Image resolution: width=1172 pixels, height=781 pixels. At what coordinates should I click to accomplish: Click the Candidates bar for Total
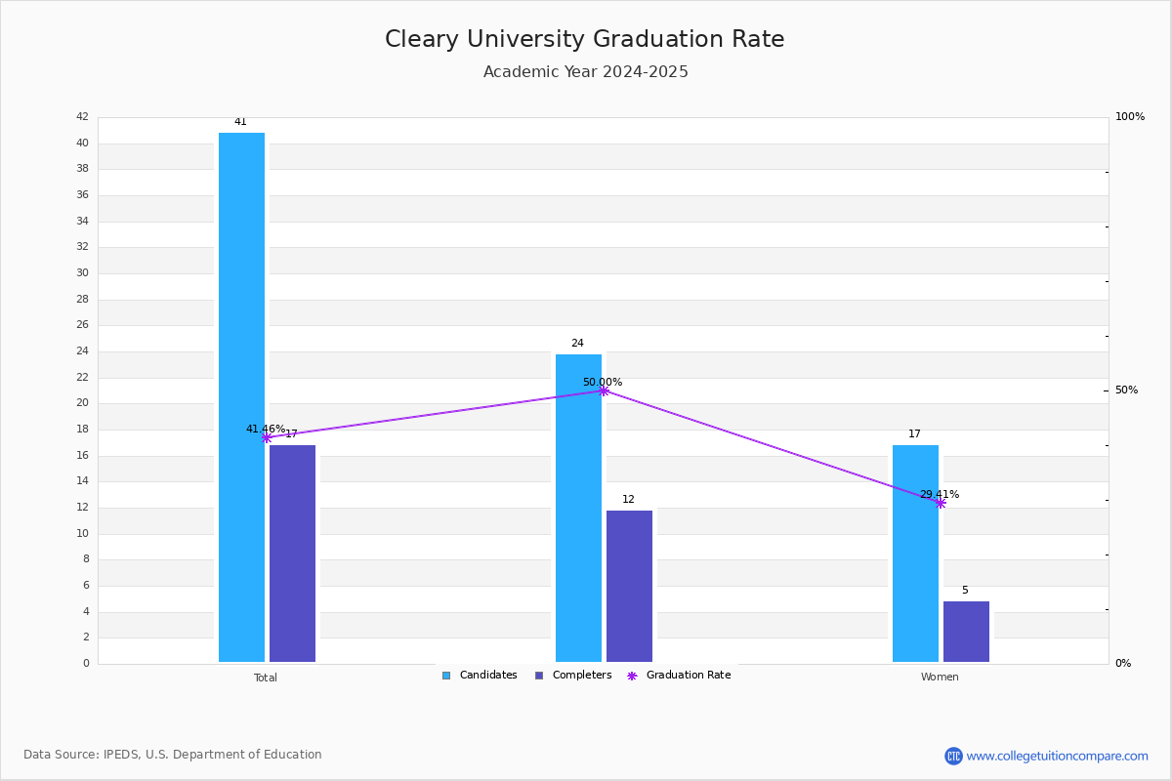pyautogui.click(x=242, y=397)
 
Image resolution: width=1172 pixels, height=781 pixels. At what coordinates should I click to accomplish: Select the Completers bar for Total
pyautogui.click(x=292, y=554)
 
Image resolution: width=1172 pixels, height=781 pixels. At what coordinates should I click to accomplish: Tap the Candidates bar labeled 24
pyautogui.click(x=578, y=508)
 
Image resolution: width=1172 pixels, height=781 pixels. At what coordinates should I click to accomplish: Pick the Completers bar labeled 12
pyautogui.click(x=629, y=586)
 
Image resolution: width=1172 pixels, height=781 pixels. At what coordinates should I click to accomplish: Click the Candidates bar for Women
pyautogui.click(x=916, y=554)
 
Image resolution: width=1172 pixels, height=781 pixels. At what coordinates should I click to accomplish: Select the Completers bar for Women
pyautogui.click(x=966, y=632)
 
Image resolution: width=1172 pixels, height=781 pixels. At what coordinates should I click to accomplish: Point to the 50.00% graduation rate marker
pyautogui.click(x=604, y=390)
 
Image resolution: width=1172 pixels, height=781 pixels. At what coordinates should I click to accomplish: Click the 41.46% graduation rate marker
pyautogui.click(x=267, y=437)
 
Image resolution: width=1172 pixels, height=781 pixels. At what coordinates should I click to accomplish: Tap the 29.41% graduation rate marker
pyautogui.click(x=941, y=503)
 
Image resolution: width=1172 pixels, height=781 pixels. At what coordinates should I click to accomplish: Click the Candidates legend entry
pyautogui.click(x=480, y=676)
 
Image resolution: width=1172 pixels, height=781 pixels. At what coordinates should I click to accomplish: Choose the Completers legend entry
pyautogui.click(x=573, y=676)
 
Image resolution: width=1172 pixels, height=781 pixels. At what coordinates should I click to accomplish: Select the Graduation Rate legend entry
pyautogui.click(x=679, y=676)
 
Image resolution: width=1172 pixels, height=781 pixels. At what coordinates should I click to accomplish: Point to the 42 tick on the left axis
pyautogui.click(x=83, y=116)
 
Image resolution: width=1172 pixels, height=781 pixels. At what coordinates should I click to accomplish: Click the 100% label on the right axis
pyautogui.click(x=1130, y=116)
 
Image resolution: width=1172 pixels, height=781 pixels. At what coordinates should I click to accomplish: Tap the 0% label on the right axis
pyautogui.click(x=1123, y=663)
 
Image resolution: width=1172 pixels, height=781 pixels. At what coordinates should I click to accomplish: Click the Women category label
pyautogui.click(x=940, y=677)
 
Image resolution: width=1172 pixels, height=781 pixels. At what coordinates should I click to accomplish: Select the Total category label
pyautogui.click(x=266, y=678)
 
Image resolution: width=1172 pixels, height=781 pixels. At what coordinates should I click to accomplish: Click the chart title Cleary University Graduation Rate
pyautogui.click(x=584, y=39)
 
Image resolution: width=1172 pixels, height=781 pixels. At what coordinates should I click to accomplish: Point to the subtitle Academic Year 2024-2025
pyautogui.click(x=585, y=71)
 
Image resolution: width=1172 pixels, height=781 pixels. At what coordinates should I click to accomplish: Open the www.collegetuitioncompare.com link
pyautogui.click(x=1046, y=756)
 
